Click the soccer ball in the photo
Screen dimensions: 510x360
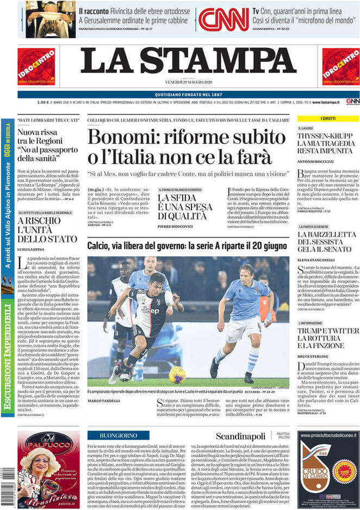point(177,373)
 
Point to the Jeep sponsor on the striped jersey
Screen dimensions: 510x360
point(150,310)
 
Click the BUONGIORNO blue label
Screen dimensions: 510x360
point(118,435)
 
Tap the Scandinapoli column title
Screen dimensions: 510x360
point(240,436)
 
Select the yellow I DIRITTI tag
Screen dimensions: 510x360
point(328,118)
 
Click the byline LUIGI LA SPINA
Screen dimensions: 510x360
point(30,248)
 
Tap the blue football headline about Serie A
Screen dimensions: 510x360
point(188,246)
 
